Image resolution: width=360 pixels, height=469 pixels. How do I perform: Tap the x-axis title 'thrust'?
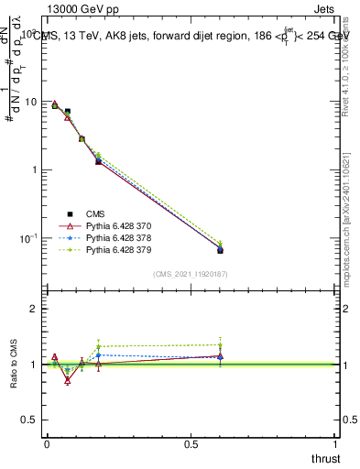[x=325, y=458]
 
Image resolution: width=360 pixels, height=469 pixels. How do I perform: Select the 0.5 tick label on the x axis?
[x=191, y=443]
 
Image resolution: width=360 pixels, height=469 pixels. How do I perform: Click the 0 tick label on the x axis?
[x=47, y=443]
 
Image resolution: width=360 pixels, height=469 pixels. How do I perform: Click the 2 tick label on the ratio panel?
[x=34, y=309]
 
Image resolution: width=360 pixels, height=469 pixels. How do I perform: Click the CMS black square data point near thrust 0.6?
[x=220, y=250]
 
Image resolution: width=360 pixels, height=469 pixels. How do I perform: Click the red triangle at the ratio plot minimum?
[x=67, y=380]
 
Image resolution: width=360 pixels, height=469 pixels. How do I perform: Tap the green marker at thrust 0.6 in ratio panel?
[x=220, y=344]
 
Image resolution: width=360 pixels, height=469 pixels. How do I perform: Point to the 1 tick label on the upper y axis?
[x=34, y=169]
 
